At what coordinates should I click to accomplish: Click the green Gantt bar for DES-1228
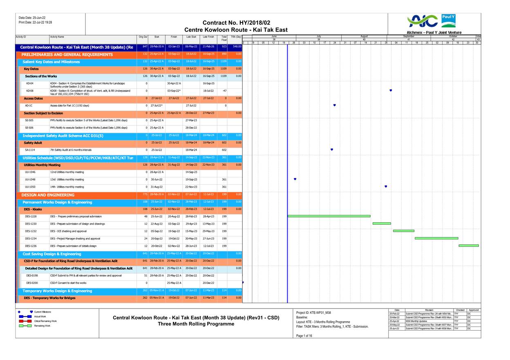[x=329, y=216]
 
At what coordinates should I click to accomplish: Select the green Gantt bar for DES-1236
[x=468, y=246]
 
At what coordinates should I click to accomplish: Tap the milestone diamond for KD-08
[x=391, y=90]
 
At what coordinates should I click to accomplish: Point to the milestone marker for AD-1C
[x=334, y=105]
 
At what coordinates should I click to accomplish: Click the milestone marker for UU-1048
[x=295, y=179]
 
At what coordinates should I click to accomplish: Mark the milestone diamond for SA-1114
[x=331, y=150]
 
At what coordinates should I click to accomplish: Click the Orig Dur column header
[x=143, y=37]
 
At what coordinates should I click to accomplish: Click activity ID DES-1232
[x=31, y=231]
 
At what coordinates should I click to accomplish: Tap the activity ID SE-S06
[x=30, y=127]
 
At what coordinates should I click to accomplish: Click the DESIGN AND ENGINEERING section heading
[x=48, y=195]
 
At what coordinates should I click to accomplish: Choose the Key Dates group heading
[x=31, y=69]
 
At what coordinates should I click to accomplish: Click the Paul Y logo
[x=448, y=20]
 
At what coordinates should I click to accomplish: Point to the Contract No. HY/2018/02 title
[x=236, y=23]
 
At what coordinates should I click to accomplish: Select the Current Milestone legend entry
[x=42, y=312]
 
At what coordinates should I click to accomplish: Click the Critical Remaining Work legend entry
[x=45, y=321]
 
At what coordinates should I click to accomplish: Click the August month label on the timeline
[x=364, y=36]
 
